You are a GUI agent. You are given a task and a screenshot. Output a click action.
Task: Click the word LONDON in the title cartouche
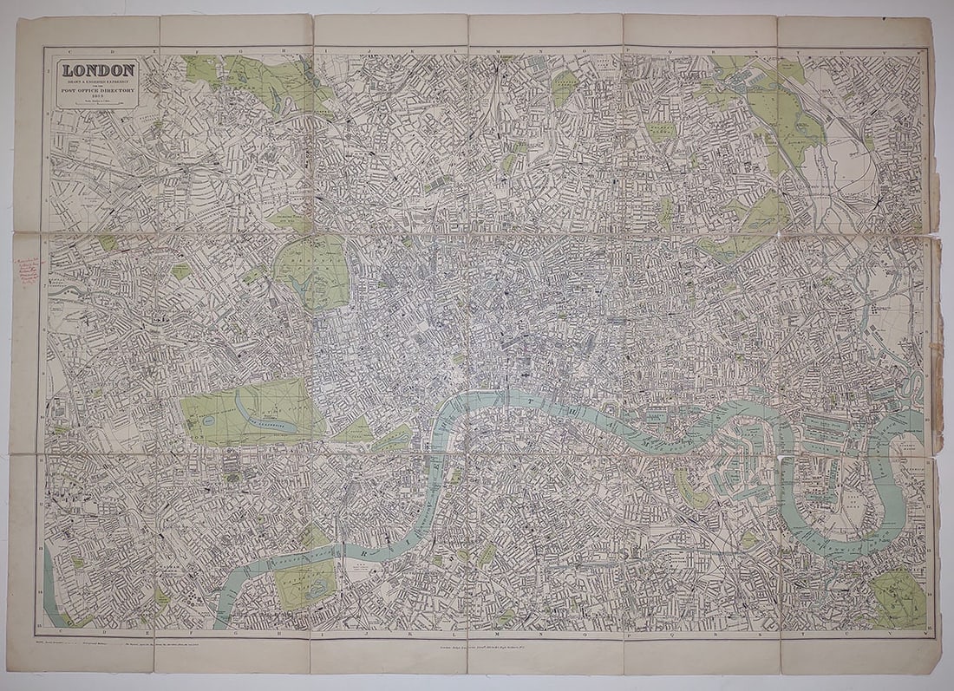pos(97,68)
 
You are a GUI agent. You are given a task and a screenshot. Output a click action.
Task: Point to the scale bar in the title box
pos(97,102)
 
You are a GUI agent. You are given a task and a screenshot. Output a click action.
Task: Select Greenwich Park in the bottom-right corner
pos(898,598)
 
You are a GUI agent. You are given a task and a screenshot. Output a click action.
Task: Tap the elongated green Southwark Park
pos(689,490)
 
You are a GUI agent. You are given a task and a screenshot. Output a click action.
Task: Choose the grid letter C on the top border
pos(57,50)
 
